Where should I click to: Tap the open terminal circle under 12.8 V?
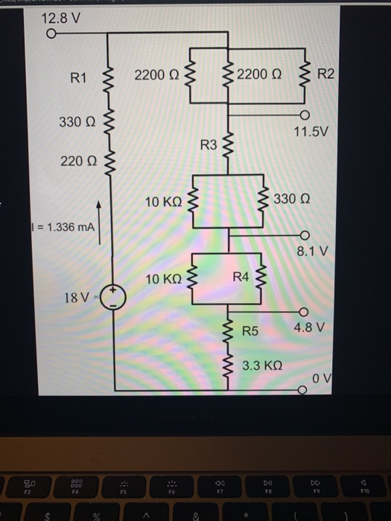click(x=51, y=33)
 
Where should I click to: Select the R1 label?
click(x=79, y=76)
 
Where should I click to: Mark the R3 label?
click(x=208, y=143)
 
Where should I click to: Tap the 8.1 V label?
click(x=311, y=252)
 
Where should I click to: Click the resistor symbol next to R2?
click(x=302, y=73)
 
